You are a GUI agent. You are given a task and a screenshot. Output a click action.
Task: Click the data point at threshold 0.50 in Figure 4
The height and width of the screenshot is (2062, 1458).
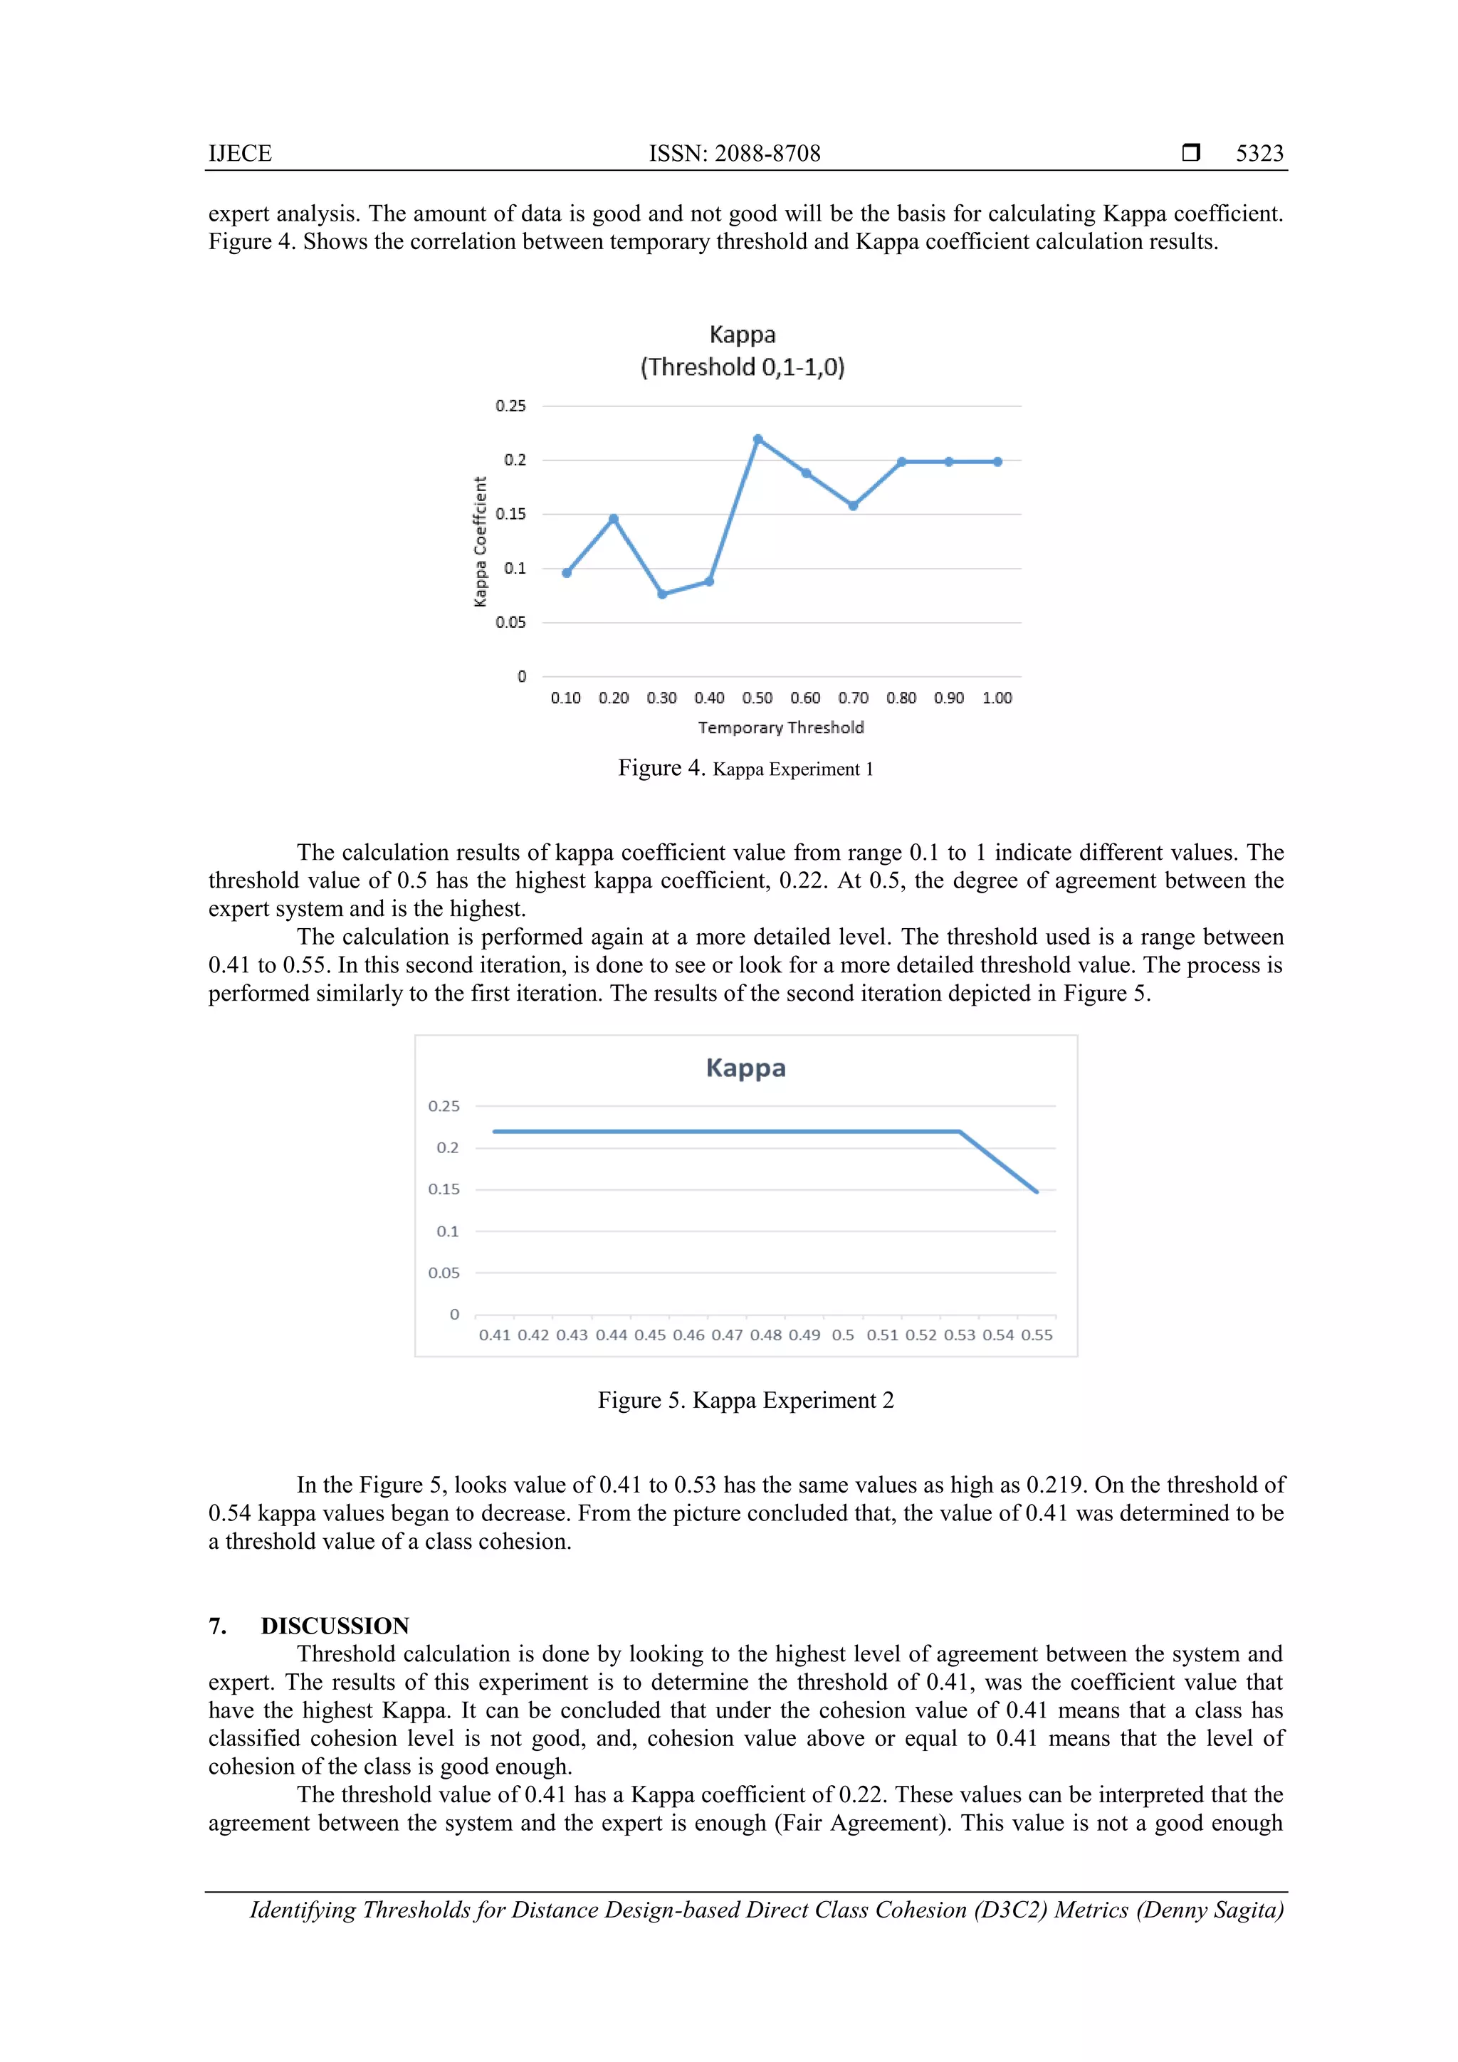(x=758, y=439)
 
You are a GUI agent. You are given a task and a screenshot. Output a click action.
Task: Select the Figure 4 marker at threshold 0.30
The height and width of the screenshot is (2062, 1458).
(x=662, y=594)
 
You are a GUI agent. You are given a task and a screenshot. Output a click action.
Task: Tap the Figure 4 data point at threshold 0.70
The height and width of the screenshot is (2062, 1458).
(x=854, y=505)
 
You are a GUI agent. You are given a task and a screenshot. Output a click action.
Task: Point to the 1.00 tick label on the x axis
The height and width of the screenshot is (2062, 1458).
(x=997, y=698)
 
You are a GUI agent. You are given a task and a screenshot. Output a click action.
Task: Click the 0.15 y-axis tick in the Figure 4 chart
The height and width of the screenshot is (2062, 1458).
(x=510, y=514)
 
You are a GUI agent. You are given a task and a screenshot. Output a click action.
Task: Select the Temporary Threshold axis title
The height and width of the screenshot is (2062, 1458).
(x=781, y=727)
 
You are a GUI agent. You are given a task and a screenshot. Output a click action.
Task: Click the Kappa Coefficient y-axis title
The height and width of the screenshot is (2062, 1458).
(x=481, y=542)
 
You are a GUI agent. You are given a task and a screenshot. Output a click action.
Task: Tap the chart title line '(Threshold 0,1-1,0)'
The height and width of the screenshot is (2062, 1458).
(x=742, y=367)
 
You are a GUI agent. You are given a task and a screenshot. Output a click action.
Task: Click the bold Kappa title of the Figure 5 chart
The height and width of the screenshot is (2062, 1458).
(x=745, y=1068)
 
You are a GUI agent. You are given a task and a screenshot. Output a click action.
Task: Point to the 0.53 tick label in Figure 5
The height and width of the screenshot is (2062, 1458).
(x=960, y=1335)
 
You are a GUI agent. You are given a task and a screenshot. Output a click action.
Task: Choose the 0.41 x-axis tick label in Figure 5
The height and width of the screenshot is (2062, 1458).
(x=494, y=1335)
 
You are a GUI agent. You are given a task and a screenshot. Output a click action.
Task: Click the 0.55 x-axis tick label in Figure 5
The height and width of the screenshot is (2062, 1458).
(x=1037, y=1335)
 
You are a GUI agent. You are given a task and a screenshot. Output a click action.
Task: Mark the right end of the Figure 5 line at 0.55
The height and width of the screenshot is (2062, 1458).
(x=1037, y=1192)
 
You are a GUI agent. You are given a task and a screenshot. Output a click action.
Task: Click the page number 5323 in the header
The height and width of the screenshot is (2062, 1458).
(x=1259, y=154)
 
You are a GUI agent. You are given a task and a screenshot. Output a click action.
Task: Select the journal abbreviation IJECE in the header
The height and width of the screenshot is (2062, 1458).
(x=240, y=154)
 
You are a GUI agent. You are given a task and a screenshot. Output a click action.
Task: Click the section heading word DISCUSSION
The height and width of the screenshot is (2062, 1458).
(x=335, y=1626)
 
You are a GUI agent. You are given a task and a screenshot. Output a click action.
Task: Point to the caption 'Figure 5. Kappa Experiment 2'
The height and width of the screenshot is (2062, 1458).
(x=745, y=1400)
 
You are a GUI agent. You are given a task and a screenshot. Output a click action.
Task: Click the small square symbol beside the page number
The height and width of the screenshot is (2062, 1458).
(x=1191, y=152)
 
